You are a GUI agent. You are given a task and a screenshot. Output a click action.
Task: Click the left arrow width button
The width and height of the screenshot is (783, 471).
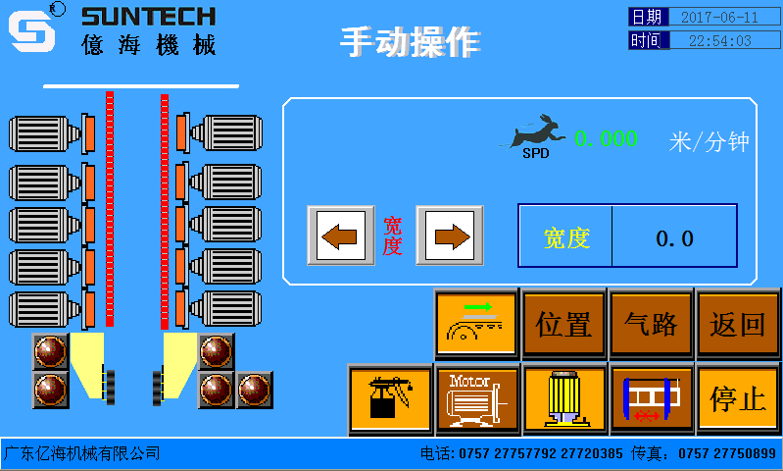tap(340, 235)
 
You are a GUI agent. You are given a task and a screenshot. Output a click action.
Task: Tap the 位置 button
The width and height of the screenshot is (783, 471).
tap(563, 324)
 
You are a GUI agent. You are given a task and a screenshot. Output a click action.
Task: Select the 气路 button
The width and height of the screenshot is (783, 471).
tap(651, 324)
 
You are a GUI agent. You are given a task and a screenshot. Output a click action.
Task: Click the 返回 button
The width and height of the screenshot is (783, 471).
tap(737, 324)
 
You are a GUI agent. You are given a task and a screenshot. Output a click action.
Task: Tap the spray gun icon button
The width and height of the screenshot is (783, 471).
tap(390, 399)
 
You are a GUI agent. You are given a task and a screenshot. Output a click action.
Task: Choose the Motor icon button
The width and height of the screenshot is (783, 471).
tap(476, 399)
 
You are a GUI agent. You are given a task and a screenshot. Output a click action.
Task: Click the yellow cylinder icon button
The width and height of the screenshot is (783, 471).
tap(563, 399)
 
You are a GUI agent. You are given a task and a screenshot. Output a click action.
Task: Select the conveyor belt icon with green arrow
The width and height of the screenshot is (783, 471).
tap(476, 324)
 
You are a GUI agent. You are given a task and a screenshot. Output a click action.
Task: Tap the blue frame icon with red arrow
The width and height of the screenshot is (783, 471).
tap(651, 399)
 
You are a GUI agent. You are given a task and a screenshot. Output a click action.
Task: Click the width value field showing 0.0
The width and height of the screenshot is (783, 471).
tap(674, 236)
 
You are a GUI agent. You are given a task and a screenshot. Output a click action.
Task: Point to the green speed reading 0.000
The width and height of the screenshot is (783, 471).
tap(606, 139)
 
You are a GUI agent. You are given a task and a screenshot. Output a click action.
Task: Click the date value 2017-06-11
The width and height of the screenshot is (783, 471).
tap(719, 17)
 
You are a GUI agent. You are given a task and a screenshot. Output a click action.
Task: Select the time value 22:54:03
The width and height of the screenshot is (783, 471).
tap(719, 40)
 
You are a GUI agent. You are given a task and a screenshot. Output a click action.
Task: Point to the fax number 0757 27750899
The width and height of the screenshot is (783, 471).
tap(727, 453)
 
